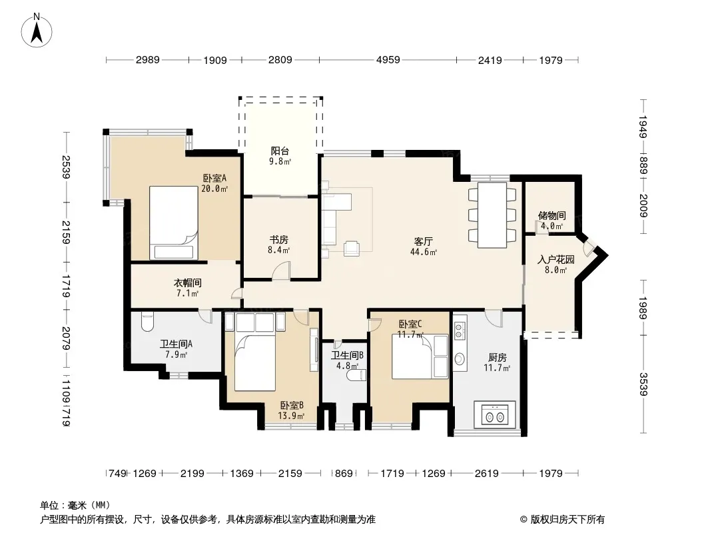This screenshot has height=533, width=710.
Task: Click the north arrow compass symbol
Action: coord(37,31)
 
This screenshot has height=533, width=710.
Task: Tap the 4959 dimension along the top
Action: coord(388,60)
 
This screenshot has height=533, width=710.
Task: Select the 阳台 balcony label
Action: coord(280,151)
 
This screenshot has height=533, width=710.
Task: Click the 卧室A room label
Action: coord(214,179)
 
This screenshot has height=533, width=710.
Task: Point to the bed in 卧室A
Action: coord(173,223)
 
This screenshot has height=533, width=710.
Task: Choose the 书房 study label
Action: coord(278,240)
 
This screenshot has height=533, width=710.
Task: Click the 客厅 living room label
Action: coord(424,241)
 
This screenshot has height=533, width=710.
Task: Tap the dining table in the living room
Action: coord(492,215)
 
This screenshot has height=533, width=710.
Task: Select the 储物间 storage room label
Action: coord(551,216)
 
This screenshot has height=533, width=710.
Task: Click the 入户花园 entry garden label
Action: coord(556,259)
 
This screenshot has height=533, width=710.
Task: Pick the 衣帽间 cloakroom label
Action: coord(187,283)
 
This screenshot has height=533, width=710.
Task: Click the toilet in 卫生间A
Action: coord(148,322)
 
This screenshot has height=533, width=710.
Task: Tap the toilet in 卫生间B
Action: coord(356,375)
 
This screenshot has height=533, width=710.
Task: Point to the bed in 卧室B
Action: coord(255,361)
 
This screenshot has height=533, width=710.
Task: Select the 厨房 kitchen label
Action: coord(497,358)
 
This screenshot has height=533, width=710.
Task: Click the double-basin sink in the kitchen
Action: coord(494,414)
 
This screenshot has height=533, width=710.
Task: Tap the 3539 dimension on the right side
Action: coord(643,384)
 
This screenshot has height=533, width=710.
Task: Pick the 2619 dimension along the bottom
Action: coord(486,474)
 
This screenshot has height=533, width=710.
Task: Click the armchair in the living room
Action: coord(352,248)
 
